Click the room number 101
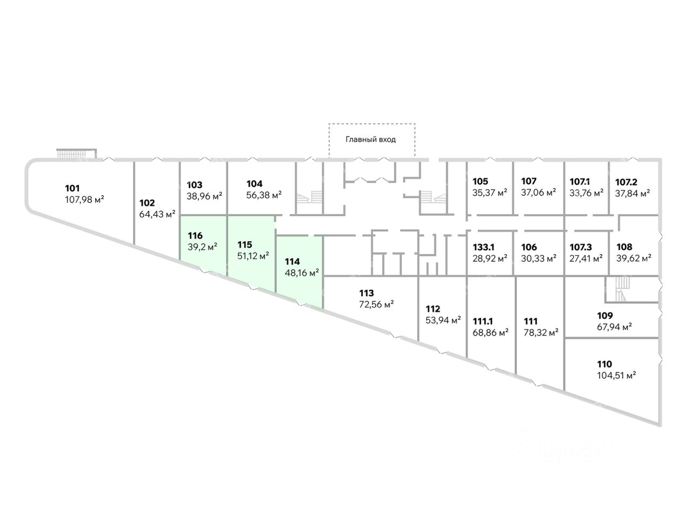click(72, 188)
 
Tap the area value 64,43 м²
click(157, 214)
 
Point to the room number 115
click(245, 244)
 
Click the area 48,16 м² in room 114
click(302, 272)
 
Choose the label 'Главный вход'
click(370, 139)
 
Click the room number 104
click(254, 184)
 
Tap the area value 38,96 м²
click(204, 196)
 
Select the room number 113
click(367, 293)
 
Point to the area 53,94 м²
click(443, 320)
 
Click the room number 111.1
click(483, 321)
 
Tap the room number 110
click(604, 364)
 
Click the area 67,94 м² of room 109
click(615, 327)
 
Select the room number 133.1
click(483, 247)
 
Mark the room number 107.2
click(626, 182)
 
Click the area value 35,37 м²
click(490, 192)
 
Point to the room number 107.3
click(581, 247)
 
